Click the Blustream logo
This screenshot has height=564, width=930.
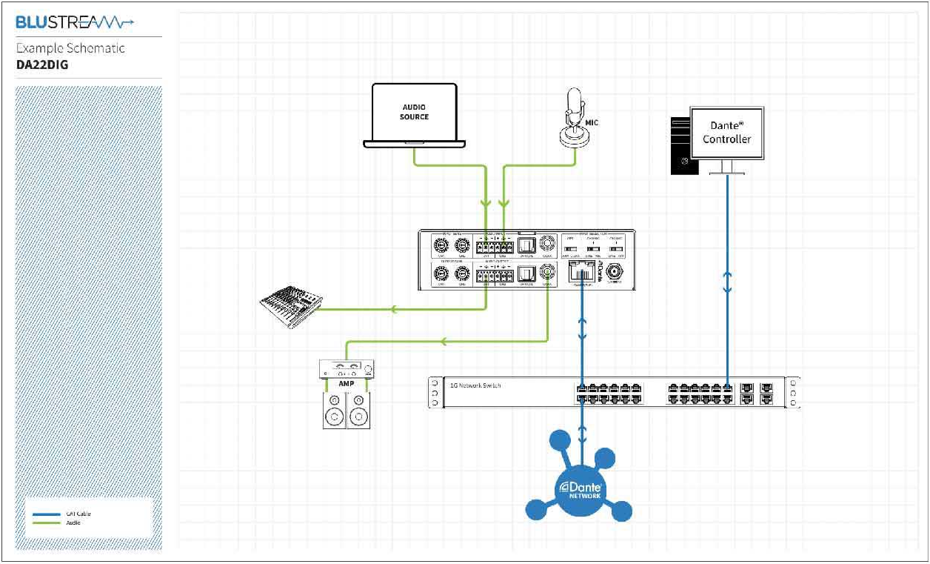pyautogui.click(x=75, y=23)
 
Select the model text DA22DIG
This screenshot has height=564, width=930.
pyautogui.click(x=44, y=64)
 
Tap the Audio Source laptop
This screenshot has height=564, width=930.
pyautogui.click(x=414, y=115)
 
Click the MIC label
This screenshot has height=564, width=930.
pyautogui.click(x=592, y=122)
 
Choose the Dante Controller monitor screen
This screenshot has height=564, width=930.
pyautogui.click(x=726, y=133)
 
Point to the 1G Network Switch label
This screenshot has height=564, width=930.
pyautogui.click(x=475, y=385)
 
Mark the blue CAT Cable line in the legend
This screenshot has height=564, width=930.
pyautogui.click(x=47, y=514)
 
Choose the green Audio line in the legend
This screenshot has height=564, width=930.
pyautogui.click(x=47, y=523)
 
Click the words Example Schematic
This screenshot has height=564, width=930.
pyautogui.click(x=70, y=49)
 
